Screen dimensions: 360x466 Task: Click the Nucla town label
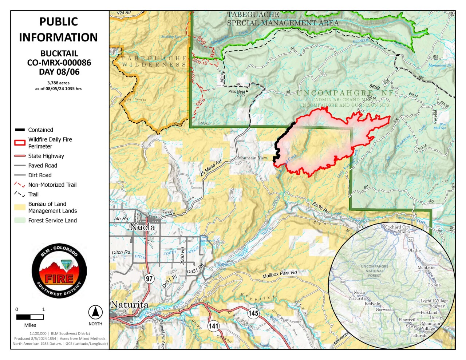tap(142, 227)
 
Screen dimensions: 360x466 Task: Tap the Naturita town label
tap(129, 305)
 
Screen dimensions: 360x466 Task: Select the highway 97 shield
tap(149, 279)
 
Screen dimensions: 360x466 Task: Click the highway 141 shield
tap(214, 326)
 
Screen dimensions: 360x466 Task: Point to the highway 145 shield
tap(253, 313)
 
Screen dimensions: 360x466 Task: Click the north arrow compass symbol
tap(95, 312)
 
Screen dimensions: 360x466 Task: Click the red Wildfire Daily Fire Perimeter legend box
tap(20, 143)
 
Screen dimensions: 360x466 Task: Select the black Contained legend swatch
tap(20, 130)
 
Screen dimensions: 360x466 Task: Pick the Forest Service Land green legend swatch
tap(20, 221)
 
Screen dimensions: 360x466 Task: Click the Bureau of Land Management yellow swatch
tap(20, 207)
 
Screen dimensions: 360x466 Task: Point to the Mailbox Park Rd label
tap(280, 274)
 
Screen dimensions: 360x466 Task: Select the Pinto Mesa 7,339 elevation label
tap(237, 93)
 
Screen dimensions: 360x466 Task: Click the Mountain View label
tap(252, 158)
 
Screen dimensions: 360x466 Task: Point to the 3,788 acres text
tap(58, 83)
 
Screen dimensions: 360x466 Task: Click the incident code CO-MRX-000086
tap(59, 63)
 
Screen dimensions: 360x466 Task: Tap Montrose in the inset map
tap(426, 268)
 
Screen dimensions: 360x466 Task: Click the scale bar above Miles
tap(30, 317)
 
